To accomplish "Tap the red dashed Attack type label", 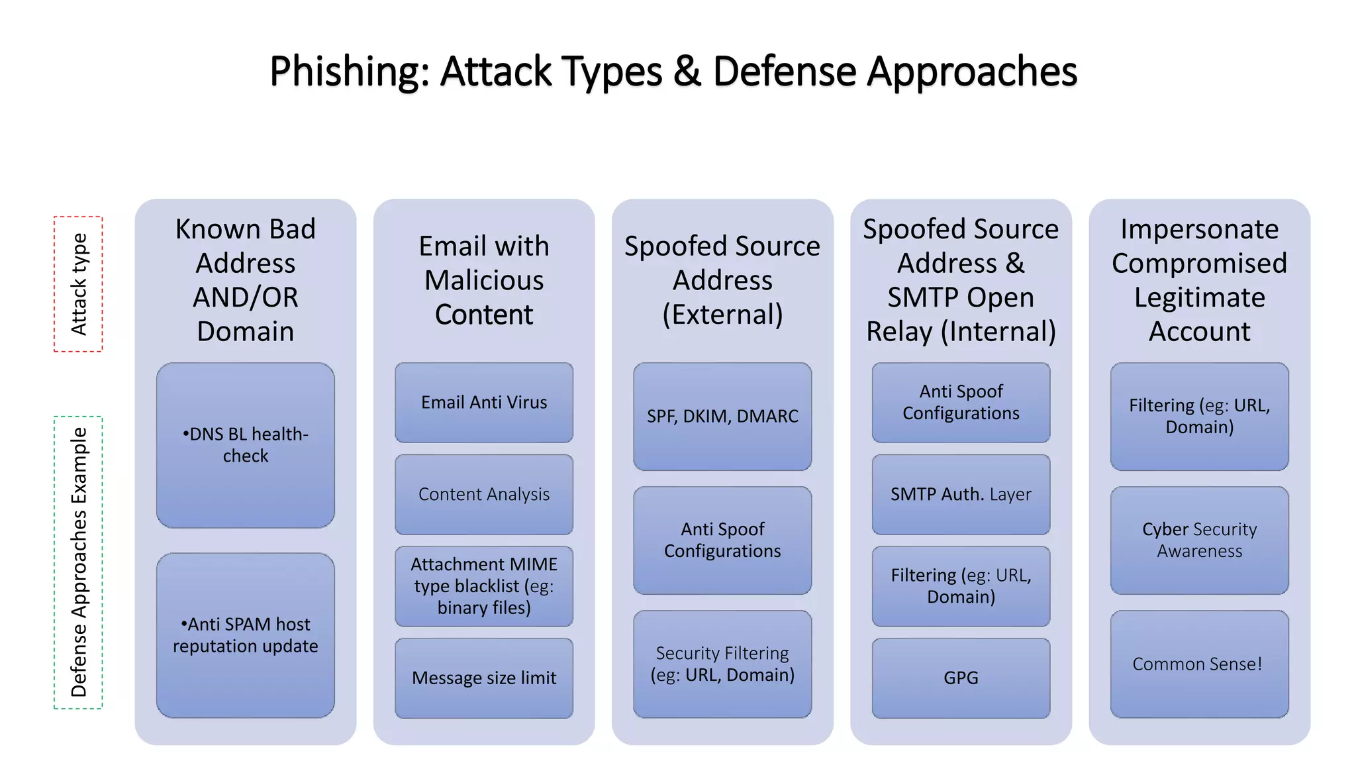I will pyautogui.click(x=78, y=284).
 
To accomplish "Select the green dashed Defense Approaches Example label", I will pyautogui.click(x=78, y=562).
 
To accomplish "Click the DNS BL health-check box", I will pyautogui.click(x=245, y=445).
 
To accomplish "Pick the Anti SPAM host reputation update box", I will pyautogui.click(x=245, y=635).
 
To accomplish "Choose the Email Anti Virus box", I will pyautogui.click(x=484, y=403).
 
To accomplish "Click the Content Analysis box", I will pyautogui.click(x=484, y=494).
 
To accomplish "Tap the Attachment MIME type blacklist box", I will pyautogui.click(x=484, y=586).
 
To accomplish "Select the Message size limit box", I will pyautogui.click(x=484, y=678).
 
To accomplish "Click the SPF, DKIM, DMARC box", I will pyautogui.click(x=722, y=417).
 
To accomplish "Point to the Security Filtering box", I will pyautogui.click(x=722, y=664).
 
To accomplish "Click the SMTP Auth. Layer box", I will pyautogui.click(x=961, y=494).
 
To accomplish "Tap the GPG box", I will pyautogui.click(x=961, y=678).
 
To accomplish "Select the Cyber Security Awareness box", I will pyautogui.click(x=1199, y=540).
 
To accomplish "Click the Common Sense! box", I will pyautogui.click(x=1199, y=664).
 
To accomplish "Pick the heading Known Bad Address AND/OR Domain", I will pyautogui.click(x=245, y=280).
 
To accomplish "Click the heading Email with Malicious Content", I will pyautogui.click(x=484, y=280).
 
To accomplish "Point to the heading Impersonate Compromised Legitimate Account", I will pyautogui.click(x=1199, y=280).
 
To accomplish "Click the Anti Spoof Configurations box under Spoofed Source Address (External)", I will pyautogui.click(x=722, y=540).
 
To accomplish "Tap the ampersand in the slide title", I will pyautogui.click(x=687, y=72).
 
